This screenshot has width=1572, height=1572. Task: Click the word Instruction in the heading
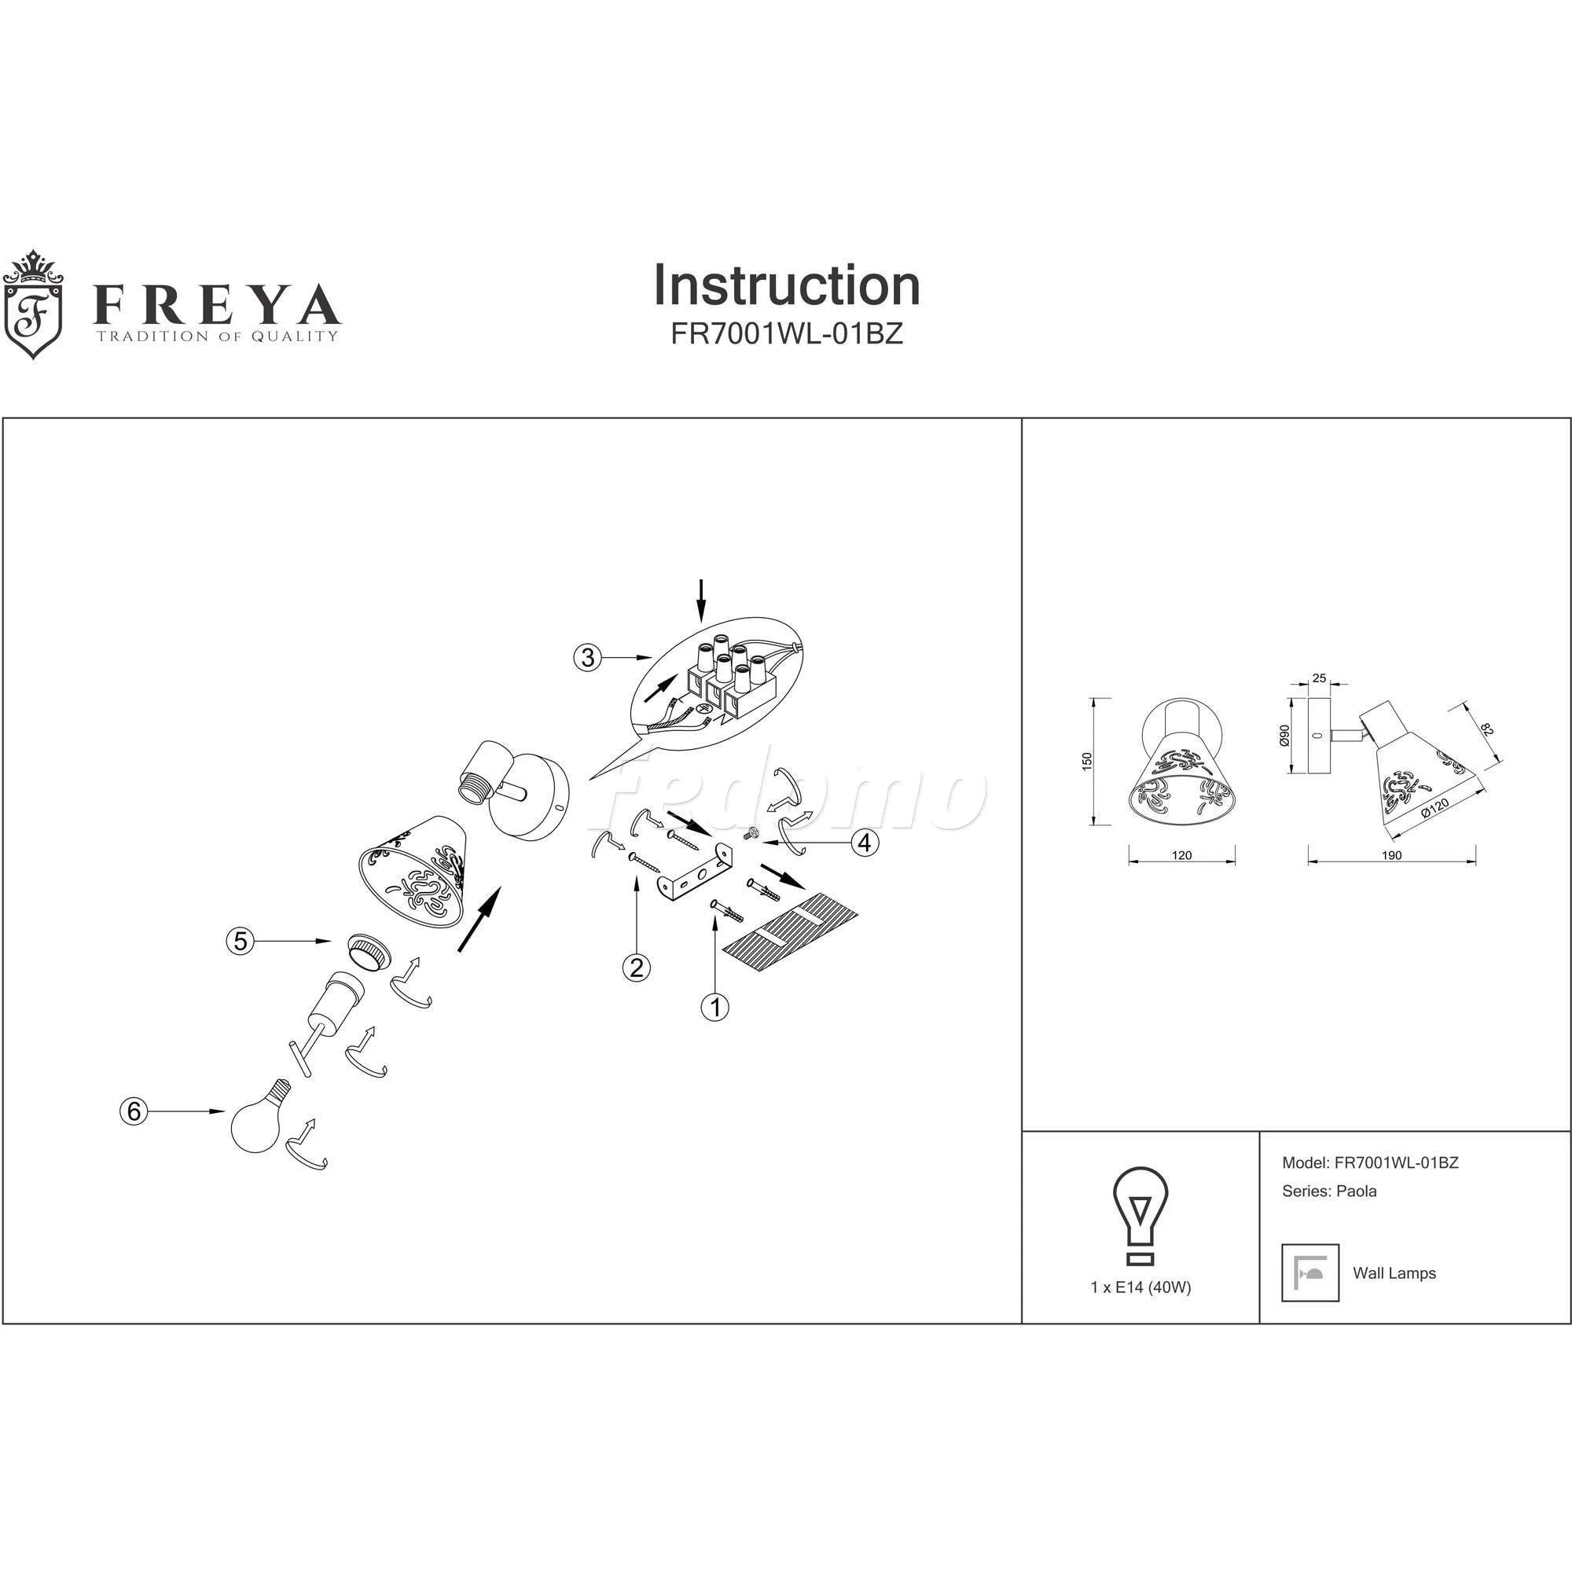(x=787, y=285)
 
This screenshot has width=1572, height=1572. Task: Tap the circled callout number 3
(x=587, y=656)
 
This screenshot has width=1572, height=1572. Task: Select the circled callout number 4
(x=865, y=843)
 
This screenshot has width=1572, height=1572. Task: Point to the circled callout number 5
(x=240, y=942)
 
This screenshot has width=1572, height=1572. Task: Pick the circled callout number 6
(x=134, y=1111)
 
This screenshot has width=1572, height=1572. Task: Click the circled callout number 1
(x=714, y=1008)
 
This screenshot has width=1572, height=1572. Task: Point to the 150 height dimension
(x=1087, y=762)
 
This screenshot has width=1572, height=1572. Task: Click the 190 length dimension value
(x=1391, y=855)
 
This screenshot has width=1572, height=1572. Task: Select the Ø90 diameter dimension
(x=1285, y=736)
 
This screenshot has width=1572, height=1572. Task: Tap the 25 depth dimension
(x=1320, y=678)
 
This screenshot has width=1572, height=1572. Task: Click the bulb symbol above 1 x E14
(x=1140, y=1216)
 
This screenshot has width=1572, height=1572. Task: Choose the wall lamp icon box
(x=1310, y=1273)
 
